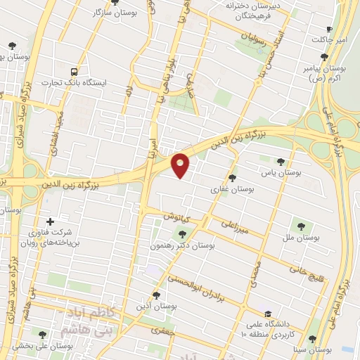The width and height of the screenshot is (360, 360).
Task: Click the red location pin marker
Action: point(181,165)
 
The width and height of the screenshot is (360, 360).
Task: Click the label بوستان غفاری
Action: point(232,189)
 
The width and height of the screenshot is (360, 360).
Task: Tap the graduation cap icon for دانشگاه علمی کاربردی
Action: point(267,314)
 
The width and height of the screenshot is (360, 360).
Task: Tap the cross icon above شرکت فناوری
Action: point(49,221)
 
